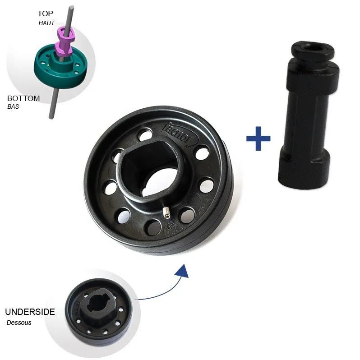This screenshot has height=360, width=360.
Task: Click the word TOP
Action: click(45, 14)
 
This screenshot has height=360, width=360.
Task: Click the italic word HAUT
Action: click(46, 23)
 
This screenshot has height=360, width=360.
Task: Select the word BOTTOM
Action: click(23, 98)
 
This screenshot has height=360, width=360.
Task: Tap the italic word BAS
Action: click(13, 106)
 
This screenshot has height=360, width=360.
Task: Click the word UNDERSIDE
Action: click(30, 312)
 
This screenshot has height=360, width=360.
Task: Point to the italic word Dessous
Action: click(19, 323)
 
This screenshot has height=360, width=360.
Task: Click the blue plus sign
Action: click(258, 138)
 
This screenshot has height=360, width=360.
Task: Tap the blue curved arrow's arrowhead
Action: click(183, 272)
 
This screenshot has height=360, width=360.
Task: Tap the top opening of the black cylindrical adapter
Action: click(312, 48)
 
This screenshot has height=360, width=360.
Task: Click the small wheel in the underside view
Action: click(99, 312)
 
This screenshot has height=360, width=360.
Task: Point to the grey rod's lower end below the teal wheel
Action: click(51, 117)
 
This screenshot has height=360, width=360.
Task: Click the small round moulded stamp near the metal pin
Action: click(171, 226)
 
